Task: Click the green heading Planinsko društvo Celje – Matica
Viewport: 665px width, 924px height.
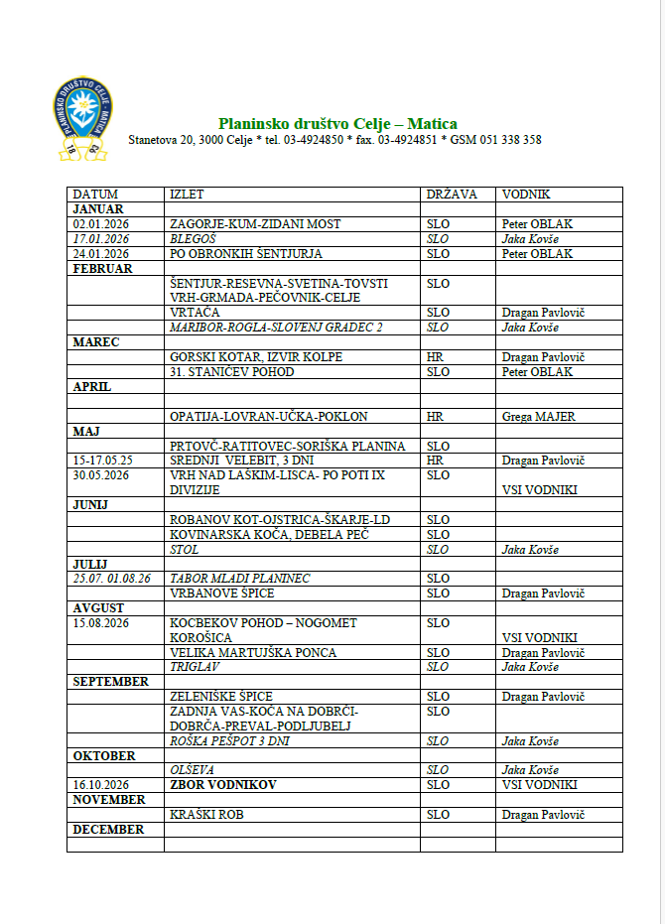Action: pyautogui.click(x=337, y=124)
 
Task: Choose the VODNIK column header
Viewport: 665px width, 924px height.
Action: pyautogui.click(x=526, y=195)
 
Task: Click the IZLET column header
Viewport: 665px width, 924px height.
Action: pyautogui.click(x=187, y=195)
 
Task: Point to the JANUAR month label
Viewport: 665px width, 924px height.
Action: pyautogui.click(x=98, y=209)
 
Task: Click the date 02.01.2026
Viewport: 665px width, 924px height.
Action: pyautogui.click(x=101, y=224)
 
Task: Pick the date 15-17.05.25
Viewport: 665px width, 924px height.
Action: pyautogui.click(x=103, y=461)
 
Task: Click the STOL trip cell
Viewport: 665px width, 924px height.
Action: pyautogui.click(x=185, y=550)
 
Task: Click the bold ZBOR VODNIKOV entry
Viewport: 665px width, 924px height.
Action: pyautogui.click(x=223, y=785)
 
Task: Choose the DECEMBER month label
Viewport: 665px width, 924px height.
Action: pyautogui.click(x=108, y=830)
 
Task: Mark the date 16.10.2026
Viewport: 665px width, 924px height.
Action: pyautogui.click(x=101, y=785)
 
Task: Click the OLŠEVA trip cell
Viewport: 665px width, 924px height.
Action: pyautogui.click(x=193, y=770)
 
